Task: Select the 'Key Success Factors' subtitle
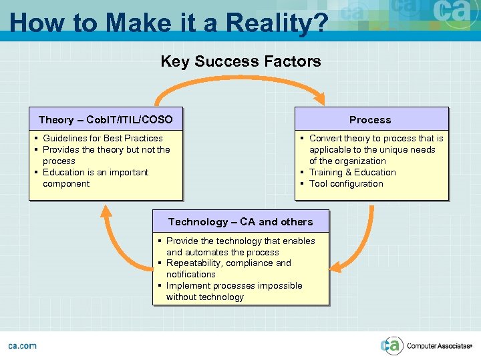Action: (240, 62)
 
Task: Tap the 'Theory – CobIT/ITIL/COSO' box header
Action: (106, 120)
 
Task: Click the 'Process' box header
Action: (370, 120)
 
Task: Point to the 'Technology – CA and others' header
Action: (240, 222)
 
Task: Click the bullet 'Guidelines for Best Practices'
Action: (102, 138)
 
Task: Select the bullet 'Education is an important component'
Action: (95, 178)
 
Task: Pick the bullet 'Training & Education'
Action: (352, 172)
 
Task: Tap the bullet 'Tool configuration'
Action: (345, 183)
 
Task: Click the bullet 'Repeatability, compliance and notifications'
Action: (228, 269)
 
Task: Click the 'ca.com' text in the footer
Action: (22, 345)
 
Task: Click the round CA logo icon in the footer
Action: (391, 345)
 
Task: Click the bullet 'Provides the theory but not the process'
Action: (106, 155)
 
